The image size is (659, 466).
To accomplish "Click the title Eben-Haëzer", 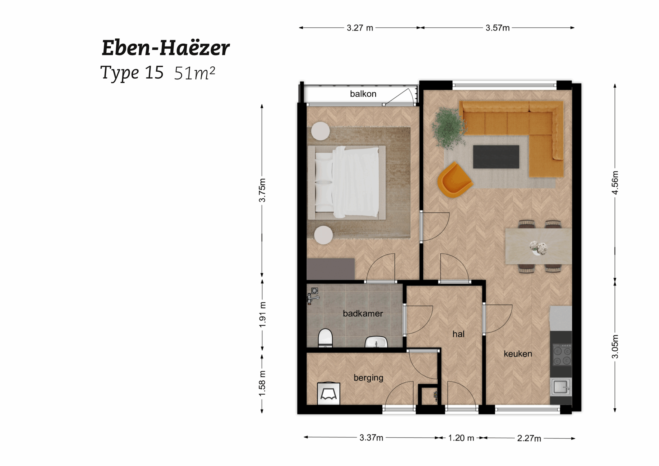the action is pyautogui.click(x=166, y=48).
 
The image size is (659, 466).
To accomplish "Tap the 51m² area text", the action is pyautogui.click(x=195, y=73).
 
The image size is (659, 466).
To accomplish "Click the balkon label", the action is pyautogui.click(x=363, y=94).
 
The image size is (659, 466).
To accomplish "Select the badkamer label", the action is pyautogui.click(x=363, y=313).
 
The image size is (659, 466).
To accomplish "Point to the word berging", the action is pyautogui.click(x=368, y=378).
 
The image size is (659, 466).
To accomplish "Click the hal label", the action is pyautogui.click(x=458, y=334).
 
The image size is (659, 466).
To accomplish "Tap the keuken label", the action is pyautogui.click(x=518, y=354).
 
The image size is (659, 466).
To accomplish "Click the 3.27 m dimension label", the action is pyautogui.click(x=360, y=28).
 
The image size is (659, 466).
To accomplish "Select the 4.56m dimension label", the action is pyautogui.click(x=615, y=183).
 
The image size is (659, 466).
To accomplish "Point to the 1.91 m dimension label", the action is pyautogui.click(x=262, y=315).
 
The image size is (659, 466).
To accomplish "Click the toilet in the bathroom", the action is pyautogui.click(x=325, y=338).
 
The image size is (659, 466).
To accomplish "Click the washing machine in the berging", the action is pyautogui.click(x=328, y=393).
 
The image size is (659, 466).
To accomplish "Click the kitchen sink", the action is pyautogui.click(x=561, y=387).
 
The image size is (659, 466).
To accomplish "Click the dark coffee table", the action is pyautogui.click(x=496, y=157).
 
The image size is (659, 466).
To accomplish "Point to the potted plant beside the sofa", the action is pyautogui.click(x=449, y=128).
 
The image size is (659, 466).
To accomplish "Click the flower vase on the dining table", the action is pyautogui.click(x=538, y=248).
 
